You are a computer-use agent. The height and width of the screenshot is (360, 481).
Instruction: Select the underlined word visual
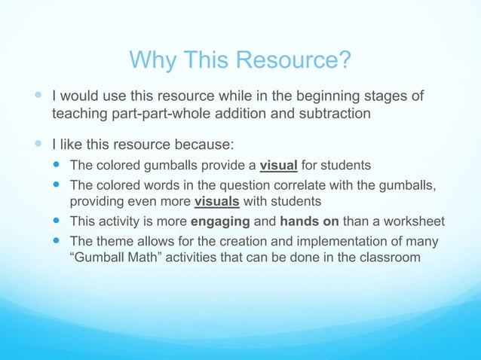(279, 166)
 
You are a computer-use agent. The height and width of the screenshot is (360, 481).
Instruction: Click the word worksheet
(412, 221)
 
